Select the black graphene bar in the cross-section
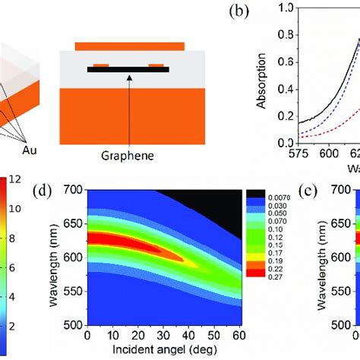[x=128, y=70]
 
